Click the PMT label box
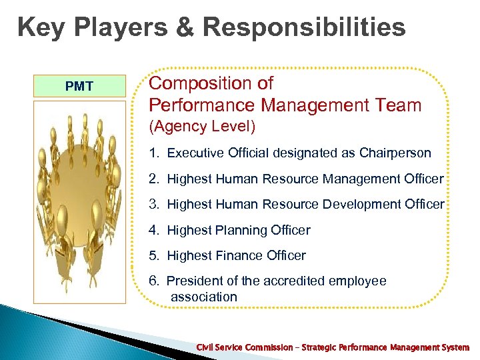tap(79, 86)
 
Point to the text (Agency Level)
tap(202, 126)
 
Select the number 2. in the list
tap(155, 179)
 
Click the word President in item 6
tap(195, 281)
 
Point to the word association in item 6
tap(204, 297)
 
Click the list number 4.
tap(155, 230)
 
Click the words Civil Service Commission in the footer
tap(244, 347)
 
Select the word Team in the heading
tap(399, 105)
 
